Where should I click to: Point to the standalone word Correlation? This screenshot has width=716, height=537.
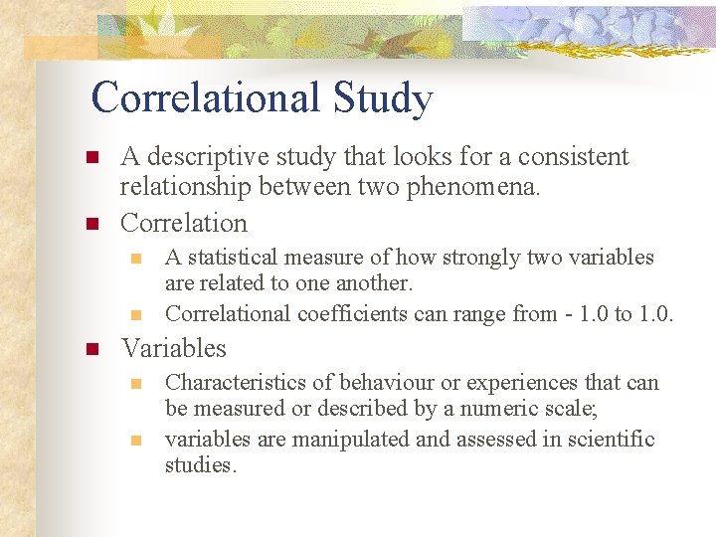tap(183, 223)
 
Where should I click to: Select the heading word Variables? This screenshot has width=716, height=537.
tap(173, 349)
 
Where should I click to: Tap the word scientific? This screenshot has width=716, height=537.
tap(612, 440)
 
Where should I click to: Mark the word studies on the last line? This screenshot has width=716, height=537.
tap(199, 464)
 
